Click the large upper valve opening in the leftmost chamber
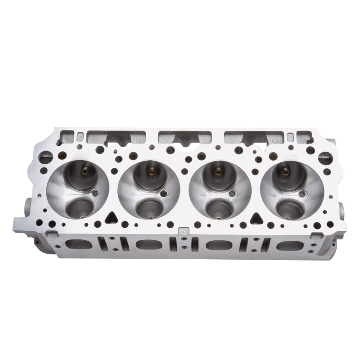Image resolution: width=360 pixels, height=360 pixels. tap(81, 175)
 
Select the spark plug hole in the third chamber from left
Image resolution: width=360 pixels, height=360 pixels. tap(232, 194)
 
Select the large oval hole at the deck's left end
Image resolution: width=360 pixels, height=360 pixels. tap(45, 157)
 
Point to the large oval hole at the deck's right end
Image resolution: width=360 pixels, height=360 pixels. tap(325, 158)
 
